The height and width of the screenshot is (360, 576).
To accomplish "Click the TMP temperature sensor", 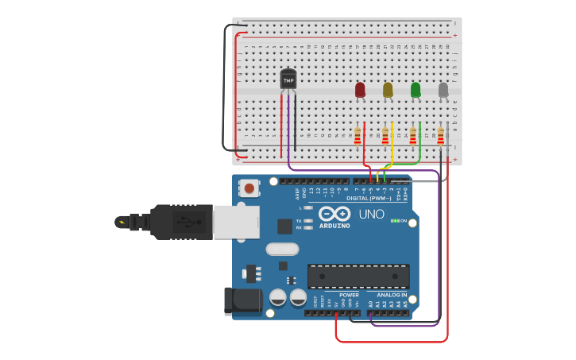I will coord(288,79).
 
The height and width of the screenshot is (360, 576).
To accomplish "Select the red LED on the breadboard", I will coord(360,90).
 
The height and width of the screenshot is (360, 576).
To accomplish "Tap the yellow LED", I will coord(388,90).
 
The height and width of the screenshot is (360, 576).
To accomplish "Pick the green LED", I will coord(416,90).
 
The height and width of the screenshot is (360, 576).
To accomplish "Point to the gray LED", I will coord(443,90).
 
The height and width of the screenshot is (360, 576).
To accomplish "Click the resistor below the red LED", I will coord(358,136).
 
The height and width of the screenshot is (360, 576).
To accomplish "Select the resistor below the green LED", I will coord(412,136).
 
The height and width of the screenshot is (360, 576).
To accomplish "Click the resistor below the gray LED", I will coord(440,136).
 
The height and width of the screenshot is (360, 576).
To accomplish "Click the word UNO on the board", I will coord(371,214).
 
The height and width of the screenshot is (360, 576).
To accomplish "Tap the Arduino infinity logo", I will coord(334,213).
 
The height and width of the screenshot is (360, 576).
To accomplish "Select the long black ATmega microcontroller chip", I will coord(358,276).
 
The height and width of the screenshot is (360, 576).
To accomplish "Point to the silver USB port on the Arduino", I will coord(236,222).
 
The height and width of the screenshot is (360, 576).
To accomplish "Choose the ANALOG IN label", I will coord(392,295).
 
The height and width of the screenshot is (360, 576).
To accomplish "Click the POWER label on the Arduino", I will coord(349,295).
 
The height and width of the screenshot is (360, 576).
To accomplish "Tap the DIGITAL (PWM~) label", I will coord(369,198).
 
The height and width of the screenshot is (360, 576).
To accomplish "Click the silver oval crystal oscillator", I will coord(282,249).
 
